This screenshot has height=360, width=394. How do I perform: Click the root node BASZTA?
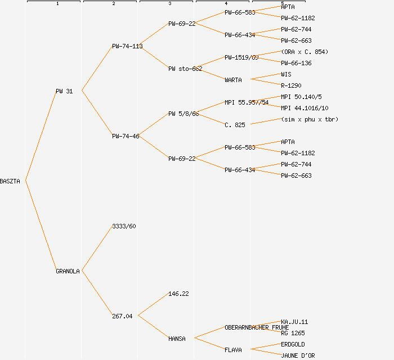[x=10, y=181]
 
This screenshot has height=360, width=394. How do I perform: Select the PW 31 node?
[x=64, y=91]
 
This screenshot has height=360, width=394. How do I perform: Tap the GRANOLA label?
[x=68, y=271]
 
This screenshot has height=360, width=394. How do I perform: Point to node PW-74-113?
[x=127, y=46]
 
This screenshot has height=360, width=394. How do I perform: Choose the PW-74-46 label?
[x=126, y=136]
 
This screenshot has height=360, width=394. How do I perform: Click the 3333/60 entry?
[x=124, y=226]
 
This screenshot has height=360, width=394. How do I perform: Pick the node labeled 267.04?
[x=122, y=316]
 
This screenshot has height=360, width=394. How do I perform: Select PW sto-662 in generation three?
[x=185, y=69]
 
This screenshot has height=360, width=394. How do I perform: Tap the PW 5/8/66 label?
[x=183, y=114]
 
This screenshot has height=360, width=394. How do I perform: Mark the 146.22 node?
[x=178, y=294]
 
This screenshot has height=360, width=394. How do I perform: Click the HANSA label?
[x=177, y=339]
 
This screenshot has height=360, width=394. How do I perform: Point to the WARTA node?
[x=233, y=80]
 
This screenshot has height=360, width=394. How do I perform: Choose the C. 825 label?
[x=235, y=125]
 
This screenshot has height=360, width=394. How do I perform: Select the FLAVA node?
[x=233, y=350]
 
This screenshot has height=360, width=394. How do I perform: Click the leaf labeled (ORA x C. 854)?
[x=305, y=52]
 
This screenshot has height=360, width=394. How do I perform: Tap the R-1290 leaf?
[x=291, y=85]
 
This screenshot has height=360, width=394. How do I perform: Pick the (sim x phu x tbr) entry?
[x=310, y=119]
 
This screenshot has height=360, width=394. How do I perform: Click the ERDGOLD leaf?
[x=293, y=344]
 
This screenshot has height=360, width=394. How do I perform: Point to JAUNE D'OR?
[x=298, y=355]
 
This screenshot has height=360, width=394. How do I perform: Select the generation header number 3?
[x=169, y=4]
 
